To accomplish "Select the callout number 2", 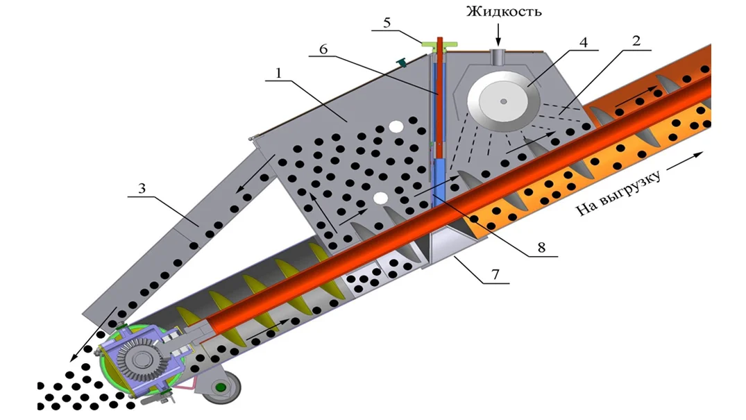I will coord(636,40).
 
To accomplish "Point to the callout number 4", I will coord(584,42).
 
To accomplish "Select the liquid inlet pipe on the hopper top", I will coord(498,57).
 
